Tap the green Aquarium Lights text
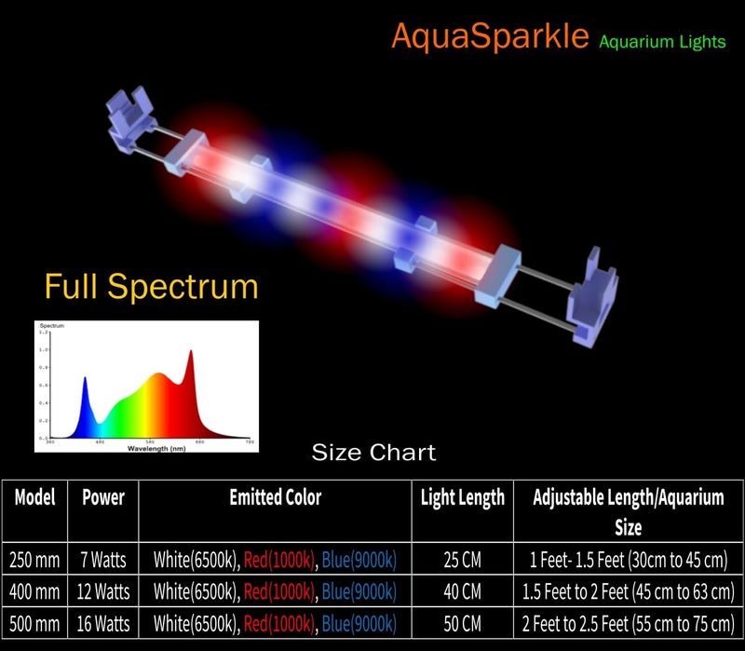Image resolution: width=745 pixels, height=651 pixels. tap(662, 41)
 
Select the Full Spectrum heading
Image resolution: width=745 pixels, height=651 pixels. tap(151, 285)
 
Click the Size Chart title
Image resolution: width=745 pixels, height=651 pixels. tap(372, 453)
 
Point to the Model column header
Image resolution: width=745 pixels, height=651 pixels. tap(35, 497)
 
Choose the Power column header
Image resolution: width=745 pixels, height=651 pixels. tap(102, 497)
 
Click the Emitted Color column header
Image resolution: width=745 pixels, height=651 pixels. tap(275, 497)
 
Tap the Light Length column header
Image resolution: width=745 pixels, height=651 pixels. tap(463, 497)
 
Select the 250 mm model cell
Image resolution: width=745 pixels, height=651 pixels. tap(35, 560)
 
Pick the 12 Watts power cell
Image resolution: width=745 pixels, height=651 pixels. tap(102, 590)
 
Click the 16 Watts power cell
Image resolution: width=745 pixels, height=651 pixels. tap(102, 621)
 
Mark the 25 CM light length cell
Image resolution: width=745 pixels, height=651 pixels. tap(463, 560)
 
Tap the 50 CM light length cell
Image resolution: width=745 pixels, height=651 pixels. tap(463, 621)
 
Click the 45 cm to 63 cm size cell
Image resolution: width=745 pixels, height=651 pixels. tap(629, 590)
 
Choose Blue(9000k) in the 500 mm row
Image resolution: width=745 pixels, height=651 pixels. tap(359, 621)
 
